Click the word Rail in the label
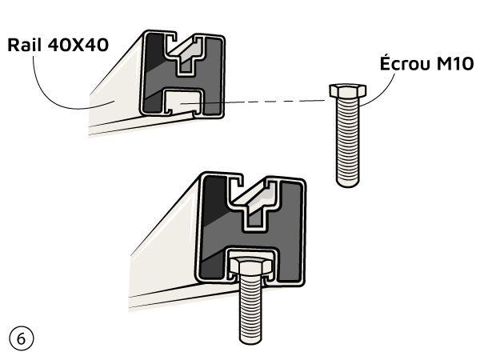[27, 45]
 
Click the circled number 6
[21, 338]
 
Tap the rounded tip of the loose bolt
[347, 182]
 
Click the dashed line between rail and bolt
[272, 101]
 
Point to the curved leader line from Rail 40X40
[48, 88]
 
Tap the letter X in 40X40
[82, 45]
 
